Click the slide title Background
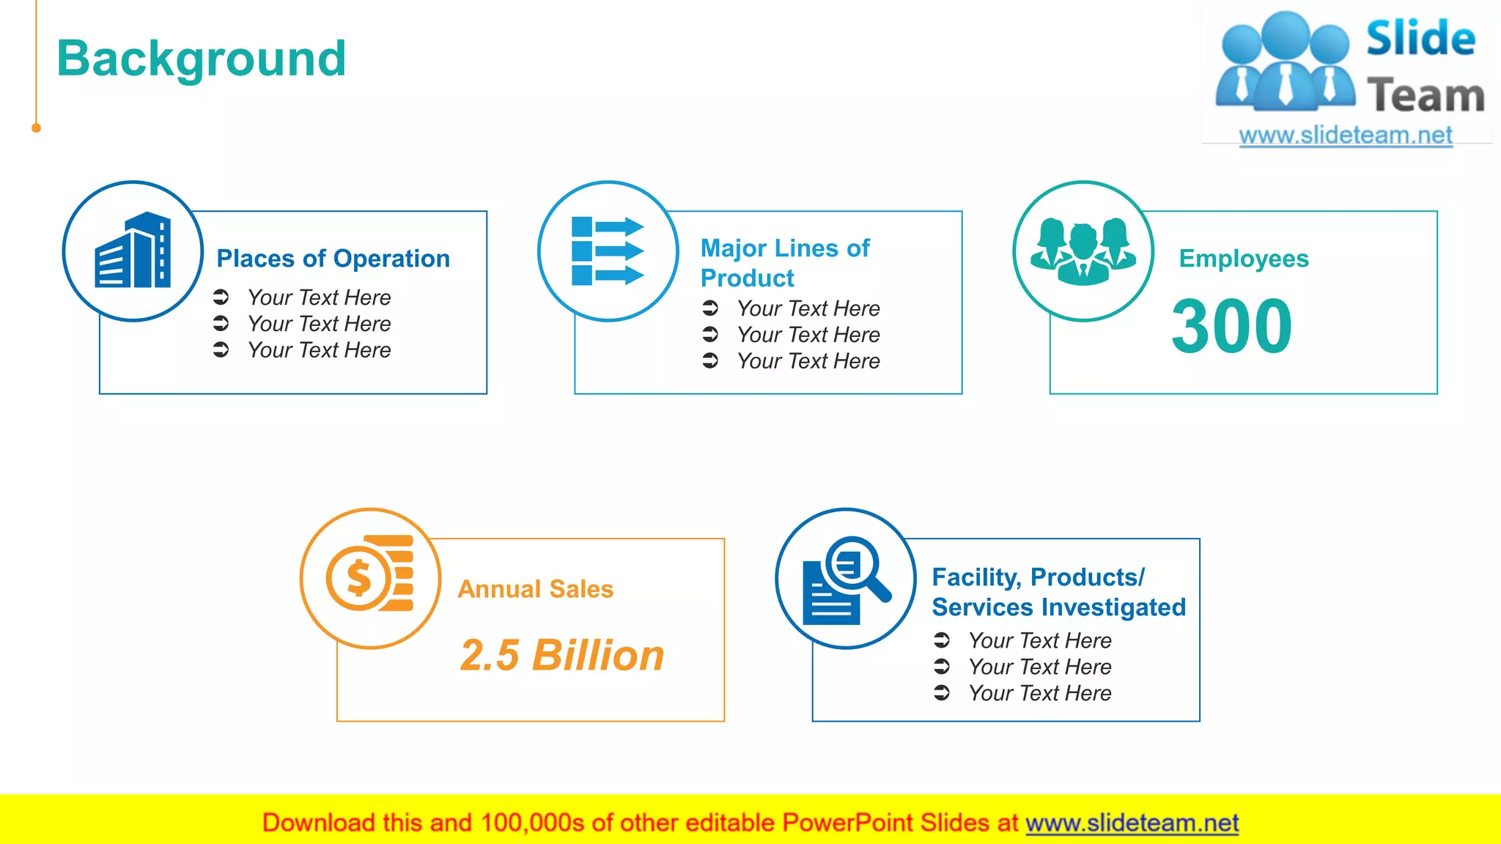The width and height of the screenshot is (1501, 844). (x=201, y=59)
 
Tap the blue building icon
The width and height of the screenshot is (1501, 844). (x=133, y=251)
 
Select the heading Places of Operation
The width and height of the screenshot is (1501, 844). (x=333, y=259)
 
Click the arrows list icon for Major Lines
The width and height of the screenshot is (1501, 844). (x=608, y=251)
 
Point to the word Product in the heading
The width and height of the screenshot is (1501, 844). (x=747, y=278)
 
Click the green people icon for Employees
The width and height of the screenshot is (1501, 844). (x=1083, y=251)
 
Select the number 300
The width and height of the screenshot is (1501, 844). (x=1231, y=326)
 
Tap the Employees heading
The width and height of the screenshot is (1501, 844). (x=1243, y=259)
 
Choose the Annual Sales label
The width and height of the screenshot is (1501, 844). (x=535, y=589)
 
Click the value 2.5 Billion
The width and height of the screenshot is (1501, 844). (x=562, y=655)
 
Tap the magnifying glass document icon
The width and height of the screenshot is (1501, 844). (x=846, y=580)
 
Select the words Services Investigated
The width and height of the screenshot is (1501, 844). (x=1058, y=607)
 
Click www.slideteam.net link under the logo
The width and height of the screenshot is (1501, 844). (x=1345, y=136)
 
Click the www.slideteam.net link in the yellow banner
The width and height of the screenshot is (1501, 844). (x=1132, y=823)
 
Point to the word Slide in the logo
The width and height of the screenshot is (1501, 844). (x=1420, y=39)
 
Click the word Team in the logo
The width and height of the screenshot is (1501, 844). (x=1425, y=96)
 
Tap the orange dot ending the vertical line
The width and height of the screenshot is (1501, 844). (x=36, y=128)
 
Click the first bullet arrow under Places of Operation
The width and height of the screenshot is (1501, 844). (x=221, y=297)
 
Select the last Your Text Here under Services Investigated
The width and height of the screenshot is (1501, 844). (x=1039, y=693)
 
